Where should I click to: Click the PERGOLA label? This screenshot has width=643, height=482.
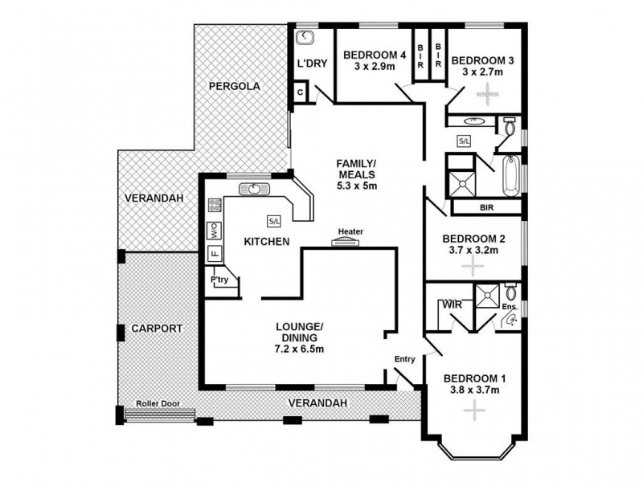[233, 86]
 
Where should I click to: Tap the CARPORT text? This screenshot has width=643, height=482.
[158, 329]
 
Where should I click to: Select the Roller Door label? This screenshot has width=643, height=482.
[158, 404]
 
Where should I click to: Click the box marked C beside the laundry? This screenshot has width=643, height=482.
[301, 92]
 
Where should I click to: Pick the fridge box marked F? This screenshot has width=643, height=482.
[215, 254]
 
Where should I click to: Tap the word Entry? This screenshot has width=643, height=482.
[404, 359]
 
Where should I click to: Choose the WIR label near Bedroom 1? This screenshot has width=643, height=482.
[448, 305]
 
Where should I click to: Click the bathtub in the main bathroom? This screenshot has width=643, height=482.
[512, 175]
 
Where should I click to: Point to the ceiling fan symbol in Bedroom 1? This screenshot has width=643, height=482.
[474, 411]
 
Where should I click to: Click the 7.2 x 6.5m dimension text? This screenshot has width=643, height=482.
[299, 349]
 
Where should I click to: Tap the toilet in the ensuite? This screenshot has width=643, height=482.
[511, 292]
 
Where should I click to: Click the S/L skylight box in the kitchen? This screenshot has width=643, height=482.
[274, 219]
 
